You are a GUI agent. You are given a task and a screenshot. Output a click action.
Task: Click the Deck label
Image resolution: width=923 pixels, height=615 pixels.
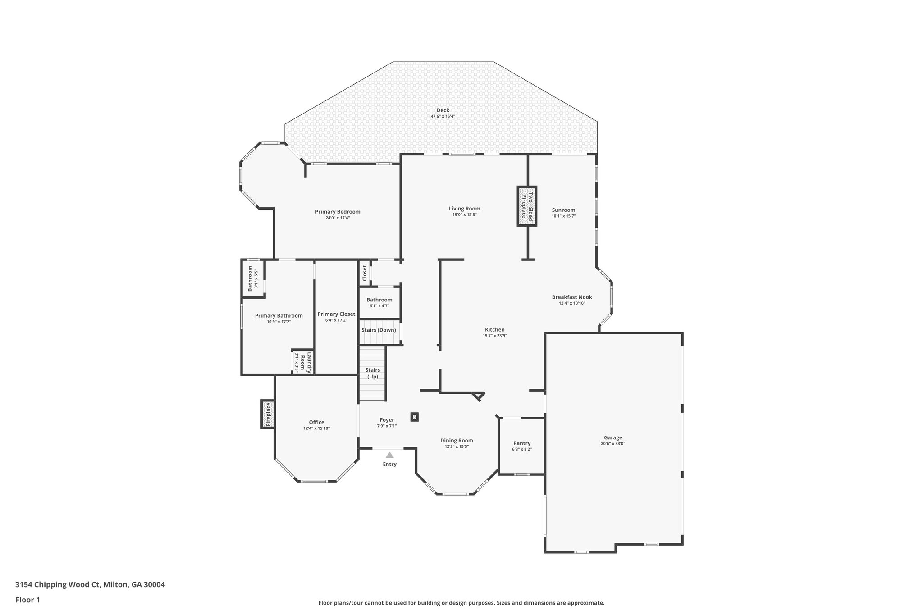click(x=443, y=110)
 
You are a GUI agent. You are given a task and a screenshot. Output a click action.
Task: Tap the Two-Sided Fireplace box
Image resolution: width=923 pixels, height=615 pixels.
click(x=527, y=206)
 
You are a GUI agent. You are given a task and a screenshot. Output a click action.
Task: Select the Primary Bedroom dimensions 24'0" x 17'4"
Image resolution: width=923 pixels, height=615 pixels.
click(x=338, y=218)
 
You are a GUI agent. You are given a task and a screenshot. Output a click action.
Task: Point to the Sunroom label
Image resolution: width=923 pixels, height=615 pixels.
click(x=563, y=210)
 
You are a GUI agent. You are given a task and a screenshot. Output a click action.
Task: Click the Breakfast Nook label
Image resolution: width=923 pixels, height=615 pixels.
click(x=572, y=297)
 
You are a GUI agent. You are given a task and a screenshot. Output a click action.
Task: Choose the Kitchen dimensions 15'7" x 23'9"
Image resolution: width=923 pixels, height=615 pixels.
click(x=494, y=336)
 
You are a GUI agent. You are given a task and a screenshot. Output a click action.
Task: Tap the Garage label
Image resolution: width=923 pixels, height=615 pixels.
click(x=613, y=437)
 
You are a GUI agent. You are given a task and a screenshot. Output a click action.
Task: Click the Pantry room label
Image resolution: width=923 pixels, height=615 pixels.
click(x=521, y=443)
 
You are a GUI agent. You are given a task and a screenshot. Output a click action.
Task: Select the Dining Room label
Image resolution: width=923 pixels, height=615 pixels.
click(x=457, y=441)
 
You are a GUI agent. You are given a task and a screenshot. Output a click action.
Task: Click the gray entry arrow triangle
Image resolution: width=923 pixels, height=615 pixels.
click(x=389, y=455)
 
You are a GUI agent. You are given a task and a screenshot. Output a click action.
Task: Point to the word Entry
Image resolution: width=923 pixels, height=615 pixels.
click(x=390, y=465)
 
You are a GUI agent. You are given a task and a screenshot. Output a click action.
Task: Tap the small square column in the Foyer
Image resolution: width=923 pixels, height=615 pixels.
click(x=415, y=417)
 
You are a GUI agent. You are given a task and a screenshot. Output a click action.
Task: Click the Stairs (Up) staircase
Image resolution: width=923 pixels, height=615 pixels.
click(x=373, y=374)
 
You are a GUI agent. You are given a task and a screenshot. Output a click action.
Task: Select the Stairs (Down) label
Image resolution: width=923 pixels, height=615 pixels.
click(x=379, y=330)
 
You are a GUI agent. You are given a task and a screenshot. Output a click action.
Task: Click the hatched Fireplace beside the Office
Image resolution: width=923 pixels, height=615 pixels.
click(x=268, y=414)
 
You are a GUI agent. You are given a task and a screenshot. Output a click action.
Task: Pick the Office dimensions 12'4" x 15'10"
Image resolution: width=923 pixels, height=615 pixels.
click(x=316, y=428)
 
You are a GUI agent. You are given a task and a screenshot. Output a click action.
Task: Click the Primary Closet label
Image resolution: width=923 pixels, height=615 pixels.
click(x=336, y=314)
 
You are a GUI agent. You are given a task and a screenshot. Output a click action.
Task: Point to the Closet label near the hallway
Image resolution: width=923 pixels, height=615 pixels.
click(x=365, y=273)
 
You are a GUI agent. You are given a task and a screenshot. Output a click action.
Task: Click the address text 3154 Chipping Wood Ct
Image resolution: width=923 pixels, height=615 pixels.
click(x=58, y=585)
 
